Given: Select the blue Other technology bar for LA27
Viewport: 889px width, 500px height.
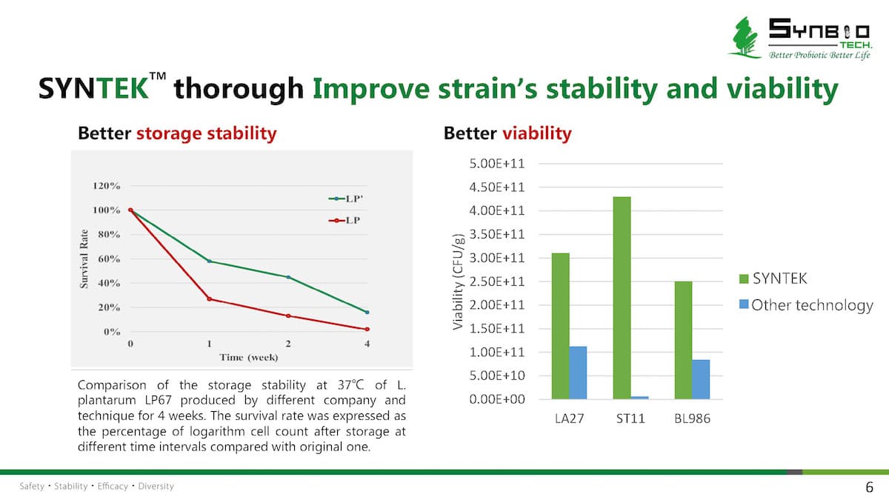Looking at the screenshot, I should click(578, 373).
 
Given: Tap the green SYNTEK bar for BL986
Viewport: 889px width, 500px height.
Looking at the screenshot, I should click(682, 340).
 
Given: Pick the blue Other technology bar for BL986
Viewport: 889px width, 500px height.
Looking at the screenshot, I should click(701, 379).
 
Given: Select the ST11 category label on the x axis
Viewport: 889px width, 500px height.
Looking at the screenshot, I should click(630, 419).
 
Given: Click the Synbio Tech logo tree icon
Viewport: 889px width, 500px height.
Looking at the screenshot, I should click(743, 37).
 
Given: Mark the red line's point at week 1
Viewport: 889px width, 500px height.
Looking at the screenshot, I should click(210, 299).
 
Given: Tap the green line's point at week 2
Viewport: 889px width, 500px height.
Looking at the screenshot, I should click(288, 277).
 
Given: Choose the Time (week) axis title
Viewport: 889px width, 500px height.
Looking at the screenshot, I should click(249, 357).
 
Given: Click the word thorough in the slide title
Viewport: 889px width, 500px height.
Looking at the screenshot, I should click(239, 89).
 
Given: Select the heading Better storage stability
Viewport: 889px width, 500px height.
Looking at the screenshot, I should click(177, 133).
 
